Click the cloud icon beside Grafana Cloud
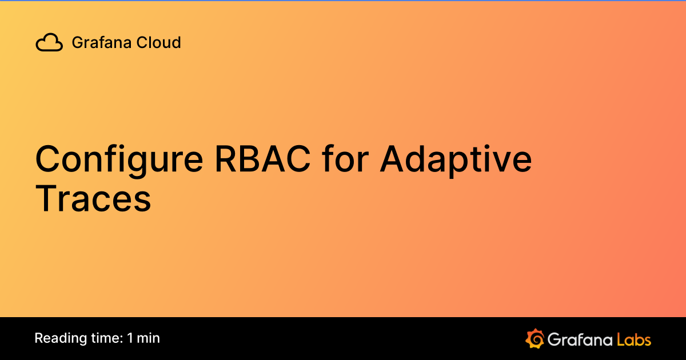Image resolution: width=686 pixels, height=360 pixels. click(x=49, y=42)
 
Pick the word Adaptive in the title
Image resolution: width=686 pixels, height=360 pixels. click(x=456, y=160)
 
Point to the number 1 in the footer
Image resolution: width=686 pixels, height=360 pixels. click(x=131, y=338)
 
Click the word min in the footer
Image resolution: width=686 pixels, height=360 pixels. click(x=149, y=338)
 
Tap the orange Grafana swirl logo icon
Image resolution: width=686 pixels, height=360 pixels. click(x=535, y=338)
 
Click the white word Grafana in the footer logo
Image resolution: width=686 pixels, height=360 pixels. click(x=579, y=339)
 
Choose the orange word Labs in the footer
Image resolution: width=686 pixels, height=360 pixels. click(x=634, y=339)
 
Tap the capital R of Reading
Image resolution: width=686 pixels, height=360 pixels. click(x=39, y=338)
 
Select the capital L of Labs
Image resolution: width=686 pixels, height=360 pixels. click(x=620, y=339)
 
